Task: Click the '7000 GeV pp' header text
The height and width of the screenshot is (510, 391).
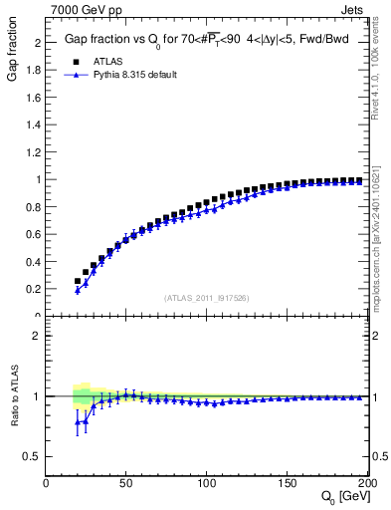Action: [81, 9]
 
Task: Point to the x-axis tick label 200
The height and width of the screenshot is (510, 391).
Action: [365, 483]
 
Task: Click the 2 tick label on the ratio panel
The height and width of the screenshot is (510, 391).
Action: [37, 336]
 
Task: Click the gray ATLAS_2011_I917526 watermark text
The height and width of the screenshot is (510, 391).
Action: [206, 298]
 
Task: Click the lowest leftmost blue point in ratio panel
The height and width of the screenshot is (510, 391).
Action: [78, 422]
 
